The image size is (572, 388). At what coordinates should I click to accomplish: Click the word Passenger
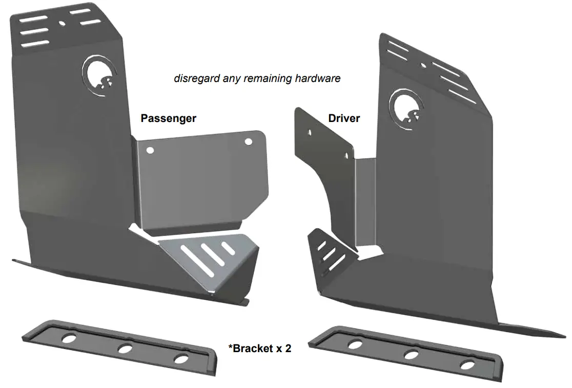(x=168, y=118)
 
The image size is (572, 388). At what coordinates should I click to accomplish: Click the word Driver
(x=344, y=119)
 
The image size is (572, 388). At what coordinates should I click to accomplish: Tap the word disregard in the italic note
(x=196, y=79)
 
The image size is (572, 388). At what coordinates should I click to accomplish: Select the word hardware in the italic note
(x=318, y=79)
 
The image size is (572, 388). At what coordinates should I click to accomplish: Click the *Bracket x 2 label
(x=260, y=349)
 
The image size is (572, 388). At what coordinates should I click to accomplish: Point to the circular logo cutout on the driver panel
(x=406, y=107)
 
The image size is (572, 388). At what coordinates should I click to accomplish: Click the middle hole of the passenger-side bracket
(x=125, y=349)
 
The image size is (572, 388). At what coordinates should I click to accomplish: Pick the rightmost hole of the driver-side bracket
(x=467, y=365)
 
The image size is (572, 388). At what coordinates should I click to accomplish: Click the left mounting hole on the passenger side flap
(x=150, y=150)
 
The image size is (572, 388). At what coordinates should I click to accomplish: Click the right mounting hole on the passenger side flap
(x=249, y=141)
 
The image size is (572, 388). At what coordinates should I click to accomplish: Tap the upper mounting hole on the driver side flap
(x=309, y=132)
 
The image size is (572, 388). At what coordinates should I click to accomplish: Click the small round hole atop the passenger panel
(x=62, y=23)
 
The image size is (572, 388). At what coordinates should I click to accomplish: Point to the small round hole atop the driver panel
(x=423, y=66)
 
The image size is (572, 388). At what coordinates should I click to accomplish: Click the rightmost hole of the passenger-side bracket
(x=181, y=359)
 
